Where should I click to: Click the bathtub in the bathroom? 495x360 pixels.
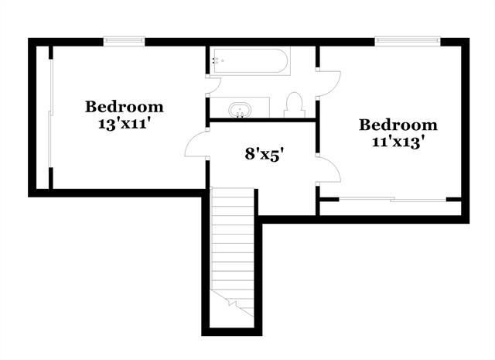pos(250,61)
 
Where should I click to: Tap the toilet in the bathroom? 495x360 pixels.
pos(295,105)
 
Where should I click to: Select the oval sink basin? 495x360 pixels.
pos(241,110)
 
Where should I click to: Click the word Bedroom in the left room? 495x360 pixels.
pos(125,107)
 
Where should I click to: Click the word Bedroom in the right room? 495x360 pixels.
pos(398,125)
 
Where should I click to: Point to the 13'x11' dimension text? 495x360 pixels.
pos(124,124)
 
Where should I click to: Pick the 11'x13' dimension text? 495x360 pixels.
pos(398,142)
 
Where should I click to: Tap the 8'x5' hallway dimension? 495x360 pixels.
pos(263,155)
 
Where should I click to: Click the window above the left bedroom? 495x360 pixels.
pos(124,40)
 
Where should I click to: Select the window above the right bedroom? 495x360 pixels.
pos(408,40)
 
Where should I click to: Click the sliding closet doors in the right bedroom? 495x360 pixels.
pos(392,199)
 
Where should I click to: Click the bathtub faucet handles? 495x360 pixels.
pos(215,60)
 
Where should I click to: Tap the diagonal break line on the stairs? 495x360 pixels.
pos(233,303)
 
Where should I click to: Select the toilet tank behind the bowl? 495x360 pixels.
pos(295,114)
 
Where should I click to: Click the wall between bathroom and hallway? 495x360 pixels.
pos(263,120)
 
